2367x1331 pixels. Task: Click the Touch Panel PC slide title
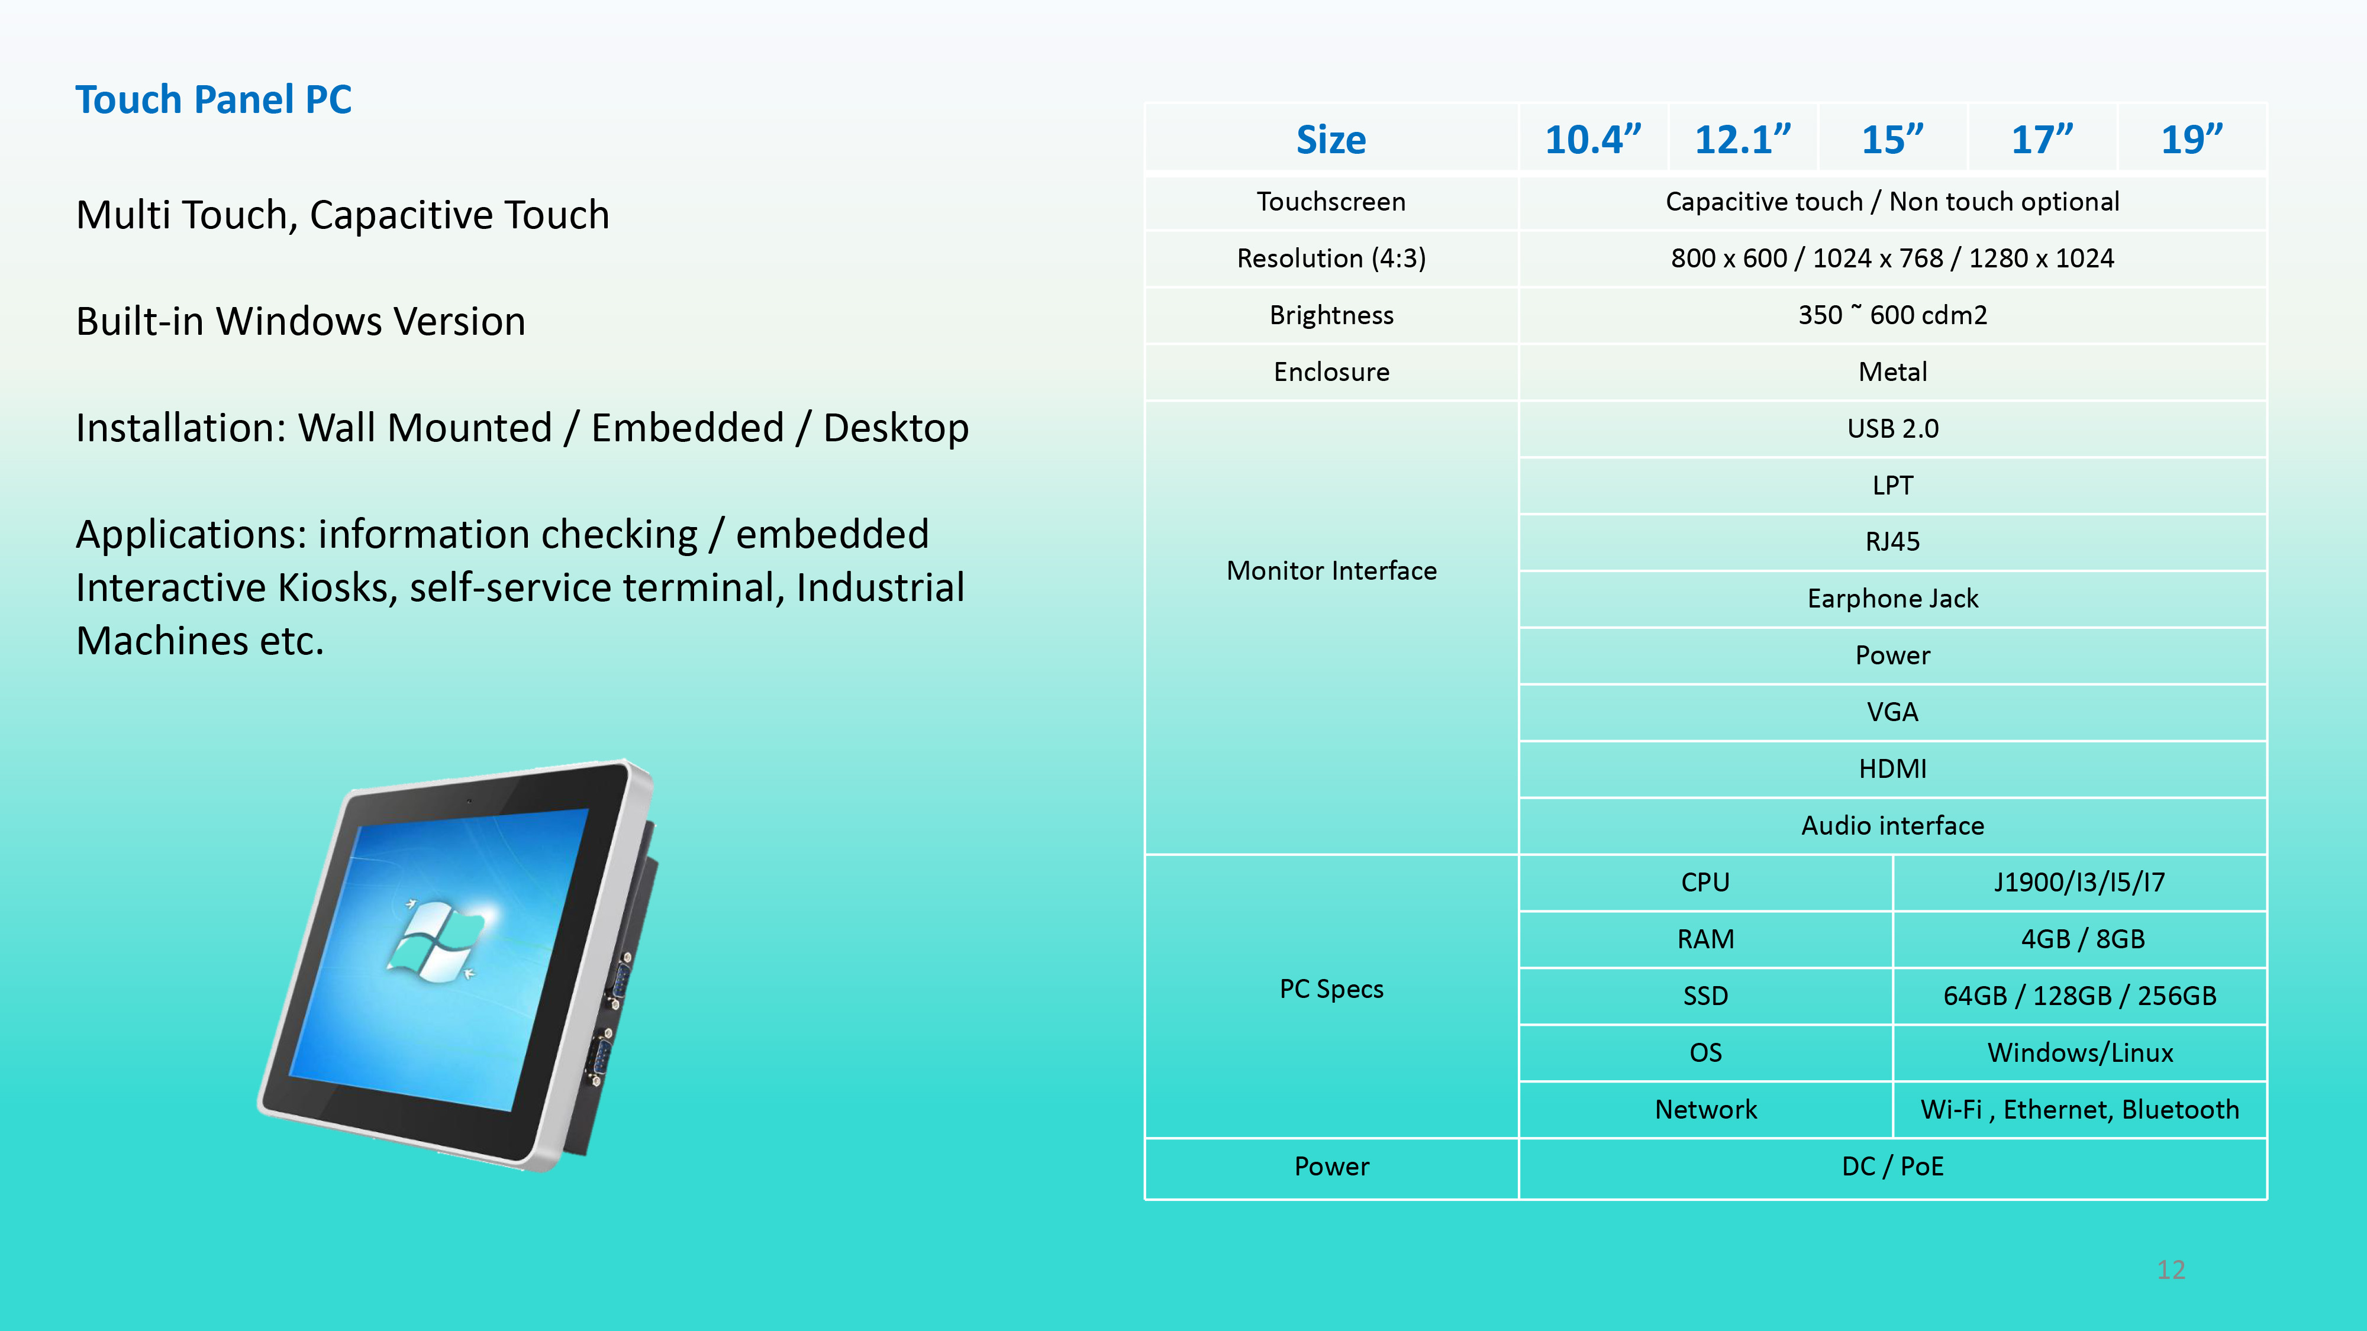[213, 99]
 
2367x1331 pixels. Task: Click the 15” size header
[1892, 140]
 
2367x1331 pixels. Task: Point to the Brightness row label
[1331, 315]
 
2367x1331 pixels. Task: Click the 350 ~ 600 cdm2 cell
[1893, 315]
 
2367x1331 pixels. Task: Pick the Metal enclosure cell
[1893, 372]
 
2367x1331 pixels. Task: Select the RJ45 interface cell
[1893, 542]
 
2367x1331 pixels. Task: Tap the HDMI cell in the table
[1893, 769]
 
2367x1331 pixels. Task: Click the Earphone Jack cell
[1893, 599]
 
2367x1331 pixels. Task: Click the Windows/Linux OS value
[2081, 1053]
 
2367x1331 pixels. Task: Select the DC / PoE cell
[1893, 1167]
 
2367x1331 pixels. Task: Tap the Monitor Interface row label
[1331, 571]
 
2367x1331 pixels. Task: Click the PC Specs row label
[1331, 989]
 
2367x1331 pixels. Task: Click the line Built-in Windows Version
[301, 321]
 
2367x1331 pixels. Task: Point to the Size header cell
[1331, 140]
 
